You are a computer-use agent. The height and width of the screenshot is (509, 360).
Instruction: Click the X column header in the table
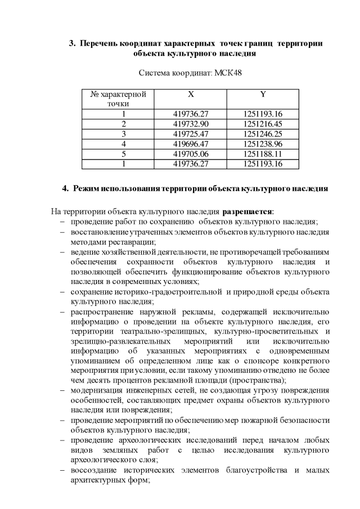pos(191,94)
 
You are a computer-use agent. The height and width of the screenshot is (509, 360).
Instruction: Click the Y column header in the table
pos(263,94)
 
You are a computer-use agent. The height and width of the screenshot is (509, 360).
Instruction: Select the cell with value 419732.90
pos(191,123)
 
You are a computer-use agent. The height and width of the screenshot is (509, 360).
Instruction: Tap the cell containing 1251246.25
pos(263,133)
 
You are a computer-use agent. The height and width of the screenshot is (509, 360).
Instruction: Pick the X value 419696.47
pos(191,143)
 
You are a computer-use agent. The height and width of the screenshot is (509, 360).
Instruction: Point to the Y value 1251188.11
pos(263,154)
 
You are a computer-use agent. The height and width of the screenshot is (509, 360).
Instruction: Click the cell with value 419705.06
pos(191,154)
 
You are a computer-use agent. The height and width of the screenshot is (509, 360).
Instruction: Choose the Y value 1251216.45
pos(263,123)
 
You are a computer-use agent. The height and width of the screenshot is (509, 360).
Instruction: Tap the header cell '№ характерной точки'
pos(118,98)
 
